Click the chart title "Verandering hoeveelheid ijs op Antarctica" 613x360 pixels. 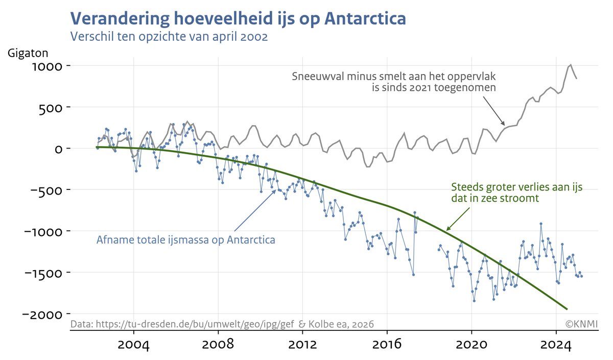(x=238, y=18)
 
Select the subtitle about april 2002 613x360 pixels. (x=169, y=37)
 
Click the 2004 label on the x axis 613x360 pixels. (x=133, y=344)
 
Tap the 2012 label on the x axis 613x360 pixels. (x=302, y=344)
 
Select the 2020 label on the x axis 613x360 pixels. (x=471, y=344)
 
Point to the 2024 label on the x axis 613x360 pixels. (x=556, y=344)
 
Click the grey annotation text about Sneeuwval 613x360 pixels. (x=394, y=82)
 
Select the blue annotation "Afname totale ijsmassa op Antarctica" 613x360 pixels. (x=186, y=239)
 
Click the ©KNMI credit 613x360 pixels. (x=581, y=324)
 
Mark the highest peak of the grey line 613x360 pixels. (x=571, y=65)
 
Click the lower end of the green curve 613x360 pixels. (x=567, y=308)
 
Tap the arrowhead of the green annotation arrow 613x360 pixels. (x=447, y=230)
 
